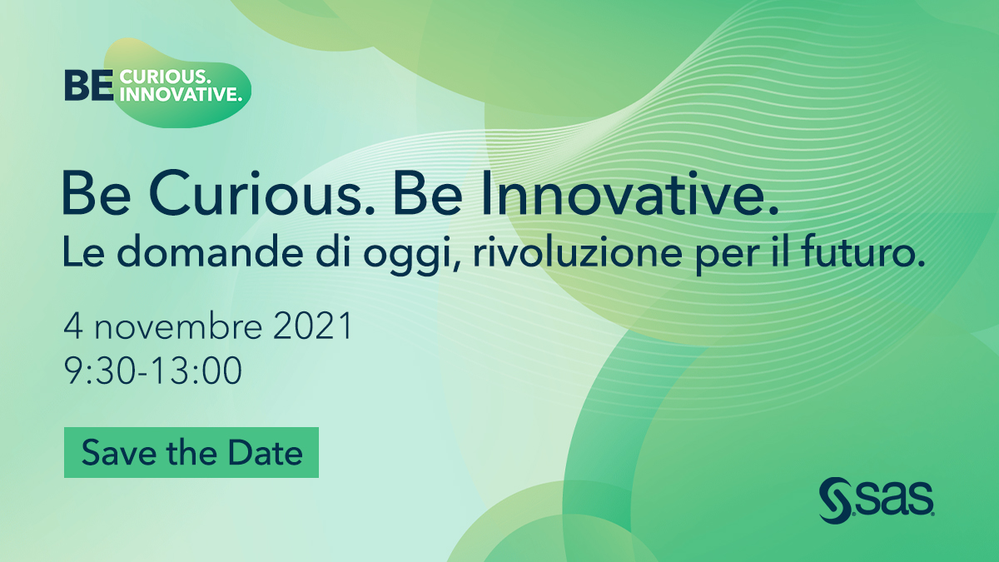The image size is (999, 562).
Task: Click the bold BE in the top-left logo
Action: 88,85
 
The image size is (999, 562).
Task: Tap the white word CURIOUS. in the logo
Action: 165,77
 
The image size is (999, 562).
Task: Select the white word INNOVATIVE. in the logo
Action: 181,94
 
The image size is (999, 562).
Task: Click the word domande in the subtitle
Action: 210,252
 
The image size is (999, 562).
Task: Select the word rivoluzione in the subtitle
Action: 577,252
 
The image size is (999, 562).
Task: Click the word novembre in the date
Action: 178,326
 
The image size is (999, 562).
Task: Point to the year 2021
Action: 313,326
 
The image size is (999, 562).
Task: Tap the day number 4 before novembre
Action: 73,326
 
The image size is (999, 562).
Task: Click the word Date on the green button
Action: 266,453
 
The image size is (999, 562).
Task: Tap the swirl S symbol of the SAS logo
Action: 836,500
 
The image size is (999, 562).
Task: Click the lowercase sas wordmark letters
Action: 893,499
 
